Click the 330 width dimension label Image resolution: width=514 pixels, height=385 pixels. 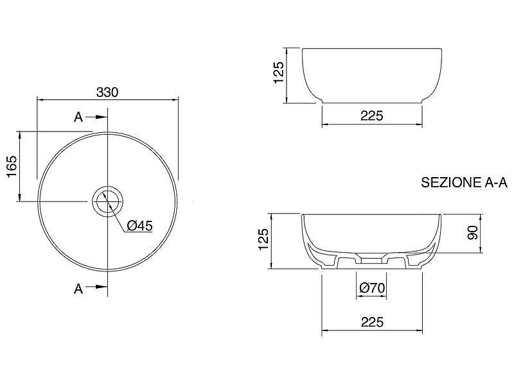click(x=107, y=92)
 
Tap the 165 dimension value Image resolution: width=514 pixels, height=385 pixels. click(x=12, y=166)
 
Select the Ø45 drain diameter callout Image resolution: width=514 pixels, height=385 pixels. click(x=139, y=226)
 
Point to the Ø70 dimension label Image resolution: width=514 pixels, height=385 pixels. click(x=372, y=287)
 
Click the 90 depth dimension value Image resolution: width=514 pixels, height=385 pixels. click(x=473, y=232)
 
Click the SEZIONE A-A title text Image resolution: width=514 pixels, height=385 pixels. click(x=464, y=182)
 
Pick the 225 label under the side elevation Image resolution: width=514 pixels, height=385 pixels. click(x=372, y=116)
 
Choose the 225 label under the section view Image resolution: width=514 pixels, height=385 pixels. click(x=372, y=322)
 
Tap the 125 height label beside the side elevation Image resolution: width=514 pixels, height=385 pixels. click(x=279, y=73)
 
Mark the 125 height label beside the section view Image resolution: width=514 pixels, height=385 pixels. click(x=263, y=239)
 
